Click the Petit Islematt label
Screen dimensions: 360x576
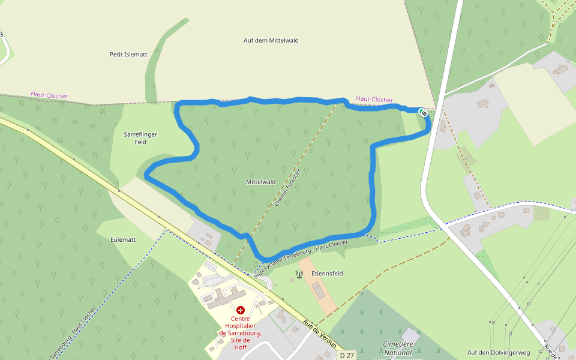tap(128, 54)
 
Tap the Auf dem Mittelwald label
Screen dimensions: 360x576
tap(271, 40)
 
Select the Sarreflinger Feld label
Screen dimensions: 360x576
tap(140, 138)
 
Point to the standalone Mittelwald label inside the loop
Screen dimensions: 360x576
tap(260, 181)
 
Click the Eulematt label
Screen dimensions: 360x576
tap(123, 239)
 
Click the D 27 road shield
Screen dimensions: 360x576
tap(347, 355)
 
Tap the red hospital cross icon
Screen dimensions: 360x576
tap(241, 310)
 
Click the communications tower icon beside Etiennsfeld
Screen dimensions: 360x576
tap(299, 274)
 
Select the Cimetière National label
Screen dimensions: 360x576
tap(397, 349)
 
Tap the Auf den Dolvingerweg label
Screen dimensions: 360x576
tap(499, 353)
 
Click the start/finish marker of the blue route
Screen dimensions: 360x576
tap(423, 112)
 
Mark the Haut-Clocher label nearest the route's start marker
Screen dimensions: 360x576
tap(374, 100)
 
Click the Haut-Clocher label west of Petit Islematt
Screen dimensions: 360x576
tap(49, 95)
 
